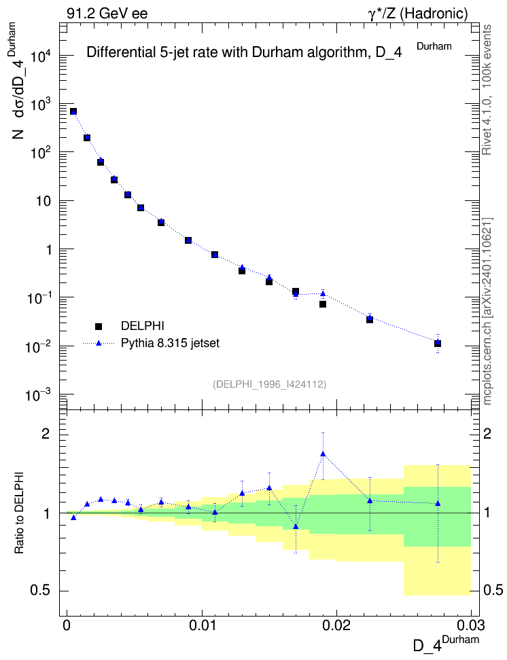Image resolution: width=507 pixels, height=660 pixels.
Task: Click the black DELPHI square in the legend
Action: coord(99,326)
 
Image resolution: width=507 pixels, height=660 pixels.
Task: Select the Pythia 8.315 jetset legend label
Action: coord(171,343)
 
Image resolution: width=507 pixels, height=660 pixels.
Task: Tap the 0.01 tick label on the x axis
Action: coord(202,625)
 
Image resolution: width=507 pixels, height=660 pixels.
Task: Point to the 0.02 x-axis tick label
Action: coord(336,625)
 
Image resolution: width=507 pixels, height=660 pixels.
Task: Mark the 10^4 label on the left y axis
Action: coord(40,55)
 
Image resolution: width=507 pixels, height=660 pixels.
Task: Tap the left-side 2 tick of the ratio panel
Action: coord(46,434)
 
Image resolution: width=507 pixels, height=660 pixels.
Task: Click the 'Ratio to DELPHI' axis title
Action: coord(20,513)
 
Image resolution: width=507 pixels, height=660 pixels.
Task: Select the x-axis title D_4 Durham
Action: coord(446,643)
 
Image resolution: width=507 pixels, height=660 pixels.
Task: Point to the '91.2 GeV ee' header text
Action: coord(107,14)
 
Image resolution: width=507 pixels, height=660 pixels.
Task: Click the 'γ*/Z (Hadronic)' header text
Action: coord(418,14)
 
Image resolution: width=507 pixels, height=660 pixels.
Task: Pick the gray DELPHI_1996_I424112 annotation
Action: coord(270,384)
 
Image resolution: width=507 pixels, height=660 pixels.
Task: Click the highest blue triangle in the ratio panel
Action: coord(323,454)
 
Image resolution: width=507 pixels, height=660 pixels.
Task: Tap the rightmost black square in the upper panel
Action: coord(438,344)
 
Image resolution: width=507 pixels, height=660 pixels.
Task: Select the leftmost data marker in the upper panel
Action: coord(73,111)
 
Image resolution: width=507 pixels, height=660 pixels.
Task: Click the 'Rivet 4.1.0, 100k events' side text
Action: coord(487,90)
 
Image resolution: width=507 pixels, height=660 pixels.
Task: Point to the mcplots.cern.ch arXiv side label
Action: coord(487,312)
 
